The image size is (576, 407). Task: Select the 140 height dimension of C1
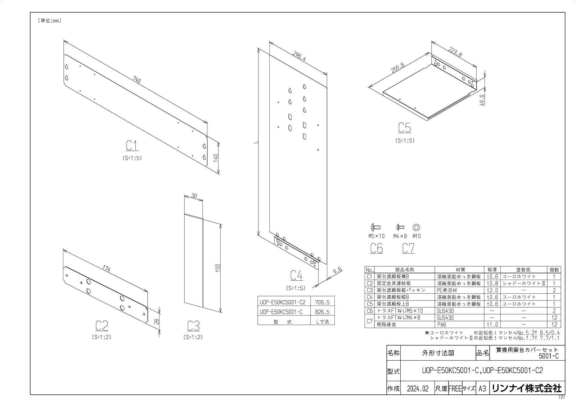point(216,158)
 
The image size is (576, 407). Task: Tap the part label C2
point(102,326)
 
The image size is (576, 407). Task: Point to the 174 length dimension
point(107,269)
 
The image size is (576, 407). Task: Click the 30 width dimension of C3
point(194,196)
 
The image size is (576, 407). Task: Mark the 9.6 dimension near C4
point(338,271)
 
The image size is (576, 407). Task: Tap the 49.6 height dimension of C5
point(482,100)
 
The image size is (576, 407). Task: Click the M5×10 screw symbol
point(376,227)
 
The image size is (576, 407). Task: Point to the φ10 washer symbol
point(416,227)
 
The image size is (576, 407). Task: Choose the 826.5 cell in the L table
point(322,312)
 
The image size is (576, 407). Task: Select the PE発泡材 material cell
point(447,290)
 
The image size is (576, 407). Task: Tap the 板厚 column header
point(492,270)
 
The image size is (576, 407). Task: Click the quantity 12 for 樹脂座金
point(554,325)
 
